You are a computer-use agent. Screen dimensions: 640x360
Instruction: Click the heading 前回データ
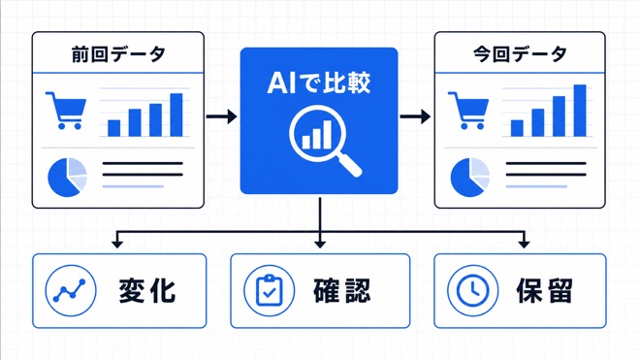coord(118,54)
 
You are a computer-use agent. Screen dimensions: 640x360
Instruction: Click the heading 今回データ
coord(521,54)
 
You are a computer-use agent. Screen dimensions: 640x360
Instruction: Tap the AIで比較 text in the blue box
coord(319,82)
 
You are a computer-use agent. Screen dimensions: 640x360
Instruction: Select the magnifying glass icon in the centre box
coord(325,140)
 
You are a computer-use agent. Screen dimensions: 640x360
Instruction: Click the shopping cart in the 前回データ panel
coord(67,111)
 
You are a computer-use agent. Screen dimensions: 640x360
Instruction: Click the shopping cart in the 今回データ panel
coord(469,111)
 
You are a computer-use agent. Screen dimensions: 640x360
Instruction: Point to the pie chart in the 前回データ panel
coord(67,177)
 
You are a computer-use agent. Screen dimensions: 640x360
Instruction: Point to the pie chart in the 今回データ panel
coord(469,177)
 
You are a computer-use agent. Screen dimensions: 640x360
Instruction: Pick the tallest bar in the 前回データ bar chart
coord(176,115)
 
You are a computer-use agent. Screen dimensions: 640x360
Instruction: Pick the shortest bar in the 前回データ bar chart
coord(113,128)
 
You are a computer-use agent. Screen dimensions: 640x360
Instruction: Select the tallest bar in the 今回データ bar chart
coord(580,111)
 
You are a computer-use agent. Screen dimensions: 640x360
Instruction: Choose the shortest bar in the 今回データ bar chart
coord(517,128)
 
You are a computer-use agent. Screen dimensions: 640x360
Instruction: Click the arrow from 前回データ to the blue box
coord(222,116)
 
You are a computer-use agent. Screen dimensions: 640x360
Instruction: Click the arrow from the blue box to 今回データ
coord(415,116)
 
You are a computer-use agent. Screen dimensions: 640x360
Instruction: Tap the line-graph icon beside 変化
coord(71,290)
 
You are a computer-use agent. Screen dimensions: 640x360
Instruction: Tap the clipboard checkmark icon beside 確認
coord(269,290)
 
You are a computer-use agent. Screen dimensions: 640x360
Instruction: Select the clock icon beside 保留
coord(472,290)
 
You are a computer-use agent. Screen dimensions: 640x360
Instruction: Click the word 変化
coord(147,291)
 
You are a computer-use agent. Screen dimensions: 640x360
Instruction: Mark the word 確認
coord(342,291)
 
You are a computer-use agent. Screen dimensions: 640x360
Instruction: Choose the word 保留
coord(545,291)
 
